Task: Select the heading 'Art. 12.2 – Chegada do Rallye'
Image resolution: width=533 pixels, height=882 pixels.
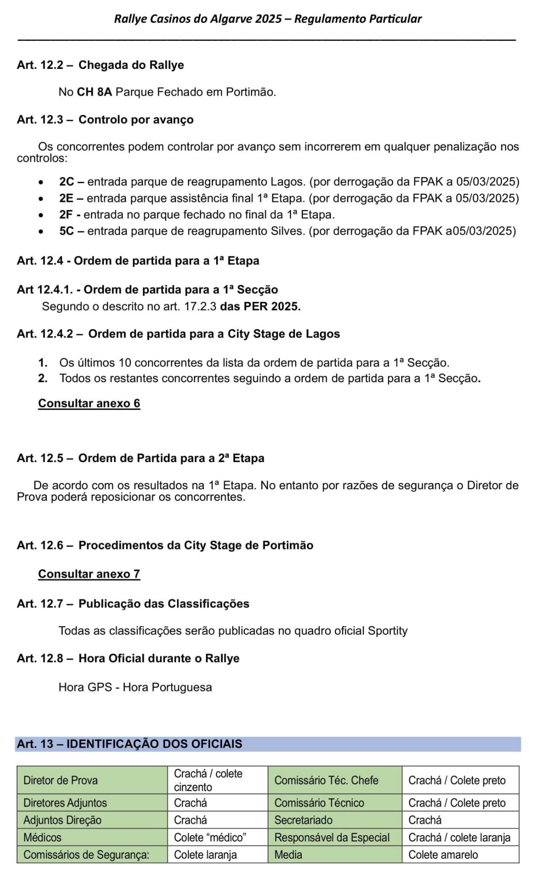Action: (100, 65)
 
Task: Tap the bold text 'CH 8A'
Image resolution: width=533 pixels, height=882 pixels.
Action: (94, 92)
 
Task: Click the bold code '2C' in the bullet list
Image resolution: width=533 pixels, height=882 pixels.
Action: (66, 182)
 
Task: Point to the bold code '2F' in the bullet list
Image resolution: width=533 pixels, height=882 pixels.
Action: (66, 215)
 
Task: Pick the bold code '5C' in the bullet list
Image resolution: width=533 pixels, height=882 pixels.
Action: (66, 231)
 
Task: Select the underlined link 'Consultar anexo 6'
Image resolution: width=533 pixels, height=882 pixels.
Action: (89, 403)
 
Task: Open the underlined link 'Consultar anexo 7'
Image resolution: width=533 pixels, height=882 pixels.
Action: (89, 574)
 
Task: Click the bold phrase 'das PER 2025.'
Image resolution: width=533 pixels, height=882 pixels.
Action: (260, 306)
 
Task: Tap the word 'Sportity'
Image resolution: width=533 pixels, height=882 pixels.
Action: (387, 631)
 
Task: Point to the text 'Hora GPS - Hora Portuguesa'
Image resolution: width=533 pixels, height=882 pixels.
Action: (135, 687)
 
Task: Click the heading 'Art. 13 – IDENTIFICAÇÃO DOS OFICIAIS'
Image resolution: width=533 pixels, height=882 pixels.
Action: (129, 744)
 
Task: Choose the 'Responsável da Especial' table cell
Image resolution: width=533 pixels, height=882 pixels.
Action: (332, 837)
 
